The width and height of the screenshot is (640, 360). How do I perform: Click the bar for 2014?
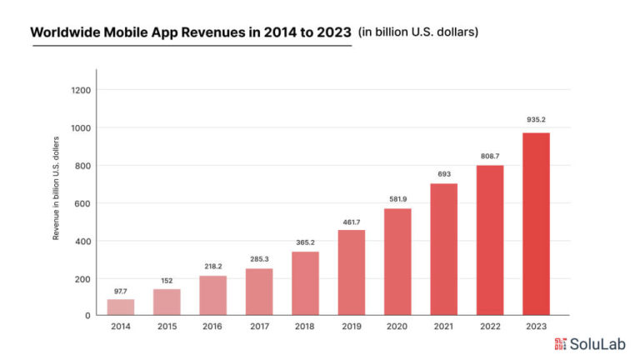point(121,307)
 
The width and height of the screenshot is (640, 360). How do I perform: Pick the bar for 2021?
point(443,249)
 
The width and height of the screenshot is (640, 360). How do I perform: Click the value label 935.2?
point(536,120)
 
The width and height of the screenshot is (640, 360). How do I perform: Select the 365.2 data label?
point(305,242)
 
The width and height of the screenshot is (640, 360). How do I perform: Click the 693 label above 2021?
point(443,173)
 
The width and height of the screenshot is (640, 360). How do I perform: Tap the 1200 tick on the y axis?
point(82,90)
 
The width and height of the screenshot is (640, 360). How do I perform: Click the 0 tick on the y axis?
point(87,316)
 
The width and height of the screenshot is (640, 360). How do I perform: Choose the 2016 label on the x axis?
point(212,326)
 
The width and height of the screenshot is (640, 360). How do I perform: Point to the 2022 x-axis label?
point(489,326)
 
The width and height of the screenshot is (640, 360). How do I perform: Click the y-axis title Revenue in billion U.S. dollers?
point(57,187)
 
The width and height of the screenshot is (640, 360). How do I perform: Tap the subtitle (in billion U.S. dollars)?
point(417,32)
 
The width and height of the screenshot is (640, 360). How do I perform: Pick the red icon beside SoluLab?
point(561,343)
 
